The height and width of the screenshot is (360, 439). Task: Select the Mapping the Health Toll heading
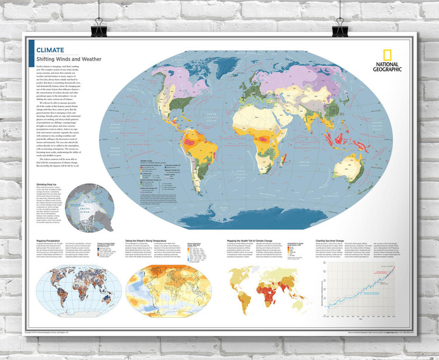point(253,240)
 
